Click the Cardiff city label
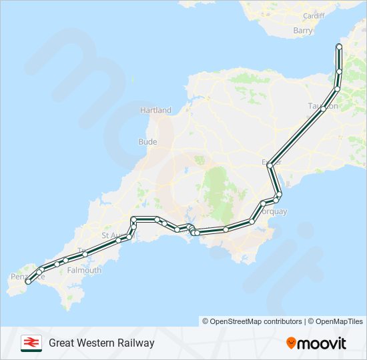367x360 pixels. [x=313, y=15]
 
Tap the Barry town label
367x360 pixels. [x=302, y=31]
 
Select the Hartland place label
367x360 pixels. [x=155, y=110]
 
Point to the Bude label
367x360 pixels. [x=147, y=142]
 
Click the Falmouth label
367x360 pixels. [x=84, y=271]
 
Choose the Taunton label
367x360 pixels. [x=323, y=106]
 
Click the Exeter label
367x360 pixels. [x=272, y=162]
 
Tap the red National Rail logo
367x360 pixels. [x=31, y=343]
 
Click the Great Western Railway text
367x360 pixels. [x=101, y=343]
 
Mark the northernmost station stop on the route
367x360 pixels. [x=339, y=47]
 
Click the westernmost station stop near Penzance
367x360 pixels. [x=28, y=282]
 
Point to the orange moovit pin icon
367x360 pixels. [x=292, y=343]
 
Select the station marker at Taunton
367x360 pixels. [x=323, y=109]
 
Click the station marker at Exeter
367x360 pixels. [x=270, y=165]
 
